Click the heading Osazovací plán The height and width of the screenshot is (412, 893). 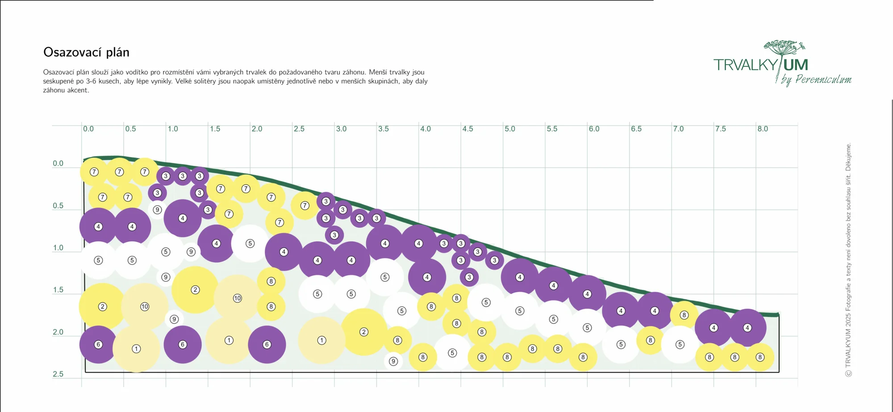click(x=86, y=53)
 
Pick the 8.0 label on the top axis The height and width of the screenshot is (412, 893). click(x=763, y=129)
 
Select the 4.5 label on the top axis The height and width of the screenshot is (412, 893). click(x=467, y=129)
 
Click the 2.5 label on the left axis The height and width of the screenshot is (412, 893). click(x=58, y=374)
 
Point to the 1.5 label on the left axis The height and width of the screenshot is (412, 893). click(x=58, y=290)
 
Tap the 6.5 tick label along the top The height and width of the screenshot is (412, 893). click(x=636, y=129)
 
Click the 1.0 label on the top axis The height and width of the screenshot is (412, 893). click(x=173, y=129)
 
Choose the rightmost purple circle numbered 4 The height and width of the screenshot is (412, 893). click(x=747, y=328)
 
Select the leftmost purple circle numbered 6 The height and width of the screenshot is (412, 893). click(x=98, y=344)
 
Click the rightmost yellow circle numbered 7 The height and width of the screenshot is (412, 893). click(x=305, y=206)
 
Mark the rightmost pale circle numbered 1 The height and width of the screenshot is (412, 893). click(x=321, y=340)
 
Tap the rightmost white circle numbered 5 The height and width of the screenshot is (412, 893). click(x=680, y=344)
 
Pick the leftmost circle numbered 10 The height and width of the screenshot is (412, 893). click(x=145, y=306)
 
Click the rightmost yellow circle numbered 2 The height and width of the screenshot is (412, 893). click(x=364, y=332)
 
